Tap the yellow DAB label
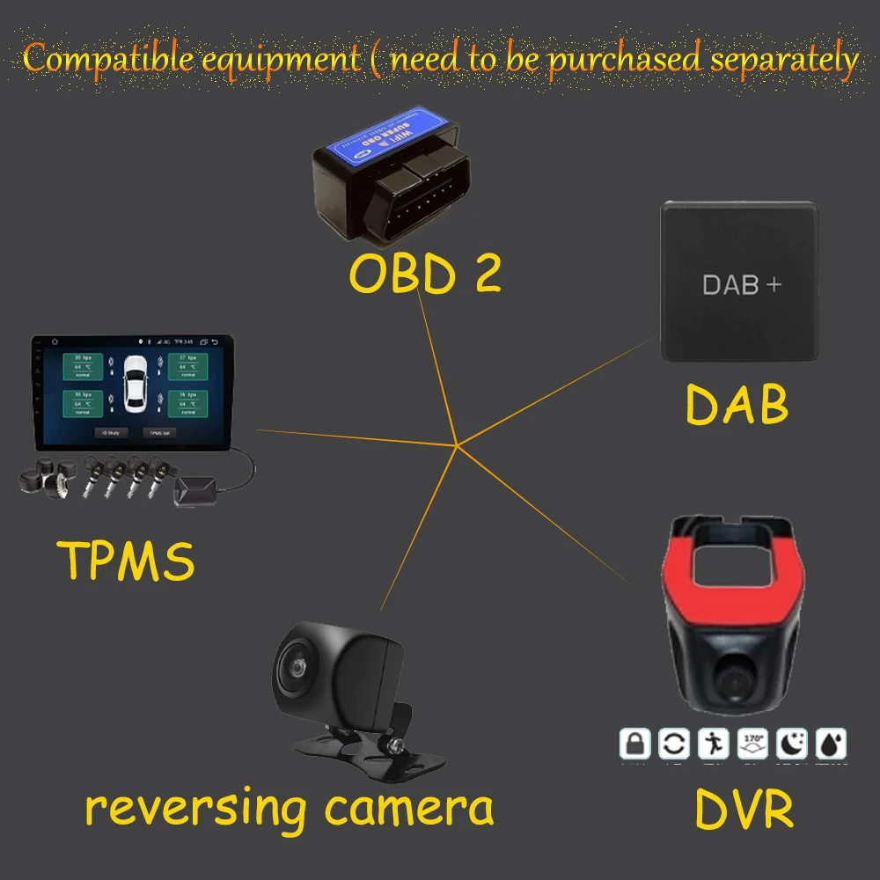click(x=737, y=404)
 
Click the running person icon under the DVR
click(x=714, y=744)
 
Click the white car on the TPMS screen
click(x=136, y=384)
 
